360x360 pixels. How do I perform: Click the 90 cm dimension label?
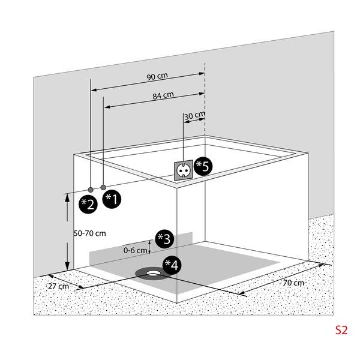[x=157, y=77]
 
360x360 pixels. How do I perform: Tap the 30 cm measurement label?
[x=194, y=115]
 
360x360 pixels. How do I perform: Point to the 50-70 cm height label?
[x=89, y=233]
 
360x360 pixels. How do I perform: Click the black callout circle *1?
[x=111, y=199]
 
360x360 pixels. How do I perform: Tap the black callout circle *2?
[x=89, y=203]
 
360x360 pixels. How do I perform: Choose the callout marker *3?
[x=163, y=238]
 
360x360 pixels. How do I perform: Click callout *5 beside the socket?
[x=203, y=166]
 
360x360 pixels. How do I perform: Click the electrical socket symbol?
[x=183, y=170]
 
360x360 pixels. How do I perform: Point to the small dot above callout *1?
[x=104, y=187]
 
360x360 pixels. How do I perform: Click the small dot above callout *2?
[x=91, y=189]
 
